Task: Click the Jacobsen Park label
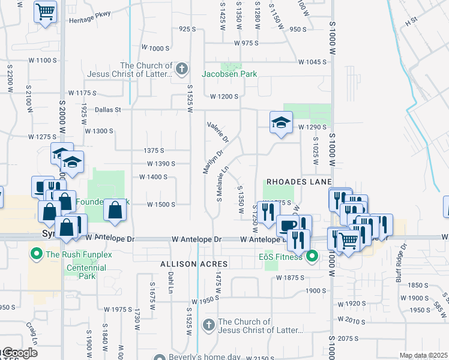[229, 74]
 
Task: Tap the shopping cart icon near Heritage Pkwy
[45, 11]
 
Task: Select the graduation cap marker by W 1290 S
[280, 122]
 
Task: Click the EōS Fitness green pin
[312, 258]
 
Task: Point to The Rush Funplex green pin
[35, 254]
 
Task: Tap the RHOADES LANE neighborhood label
[299, 181]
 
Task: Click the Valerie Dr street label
[218, 133]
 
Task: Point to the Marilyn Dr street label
[208, 162]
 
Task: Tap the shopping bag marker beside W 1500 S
[115, 210]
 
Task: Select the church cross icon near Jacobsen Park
[182, 70]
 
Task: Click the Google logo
[19, 353]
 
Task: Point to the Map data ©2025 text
[423, 355]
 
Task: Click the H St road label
[411, 21]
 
